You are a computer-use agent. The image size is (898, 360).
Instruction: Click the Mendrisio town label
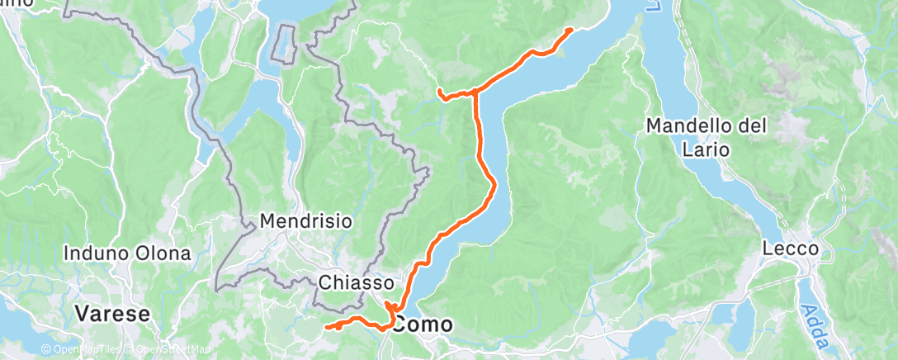coord(306,221)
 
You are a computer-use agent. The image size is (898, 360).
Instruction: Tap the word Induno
coord(93,252)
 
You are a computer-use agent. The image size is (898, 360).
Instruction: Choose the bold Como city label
coord(423,324)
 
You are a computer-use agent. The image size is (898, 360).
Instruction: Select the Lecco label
coord(790,249)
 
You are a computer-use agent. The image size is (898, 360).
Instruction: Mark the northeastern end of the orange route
coord(570,30)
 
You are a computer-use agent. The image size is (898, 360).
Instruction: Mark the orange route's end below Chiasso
coord(328,327)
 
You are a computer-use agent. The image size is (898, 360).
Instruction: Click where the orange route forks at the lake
coord(475,92)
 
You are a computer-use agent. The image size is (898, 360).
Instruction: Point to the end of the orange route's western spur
coord(440,90)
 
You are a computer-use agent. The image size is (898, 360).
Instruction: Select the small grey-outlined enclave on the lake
coord(286,43)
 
